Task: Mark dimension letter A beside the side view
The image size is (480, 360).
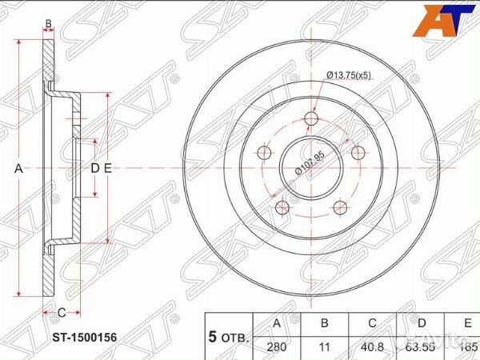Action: click(x=18, y=169)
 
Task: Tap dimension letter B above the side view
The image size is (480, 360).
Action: click(x=48, y=26)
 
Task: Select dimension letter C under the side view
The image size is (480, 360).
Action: click(x=59, y=312)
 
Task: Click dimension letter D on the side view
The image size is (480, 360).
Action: click(x=94, y=168)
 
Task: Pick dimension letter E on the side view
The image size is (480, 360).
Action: click(x=106, y=168)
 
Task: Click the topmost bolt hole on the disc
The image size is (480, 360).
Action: click(x=310, y=119)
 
